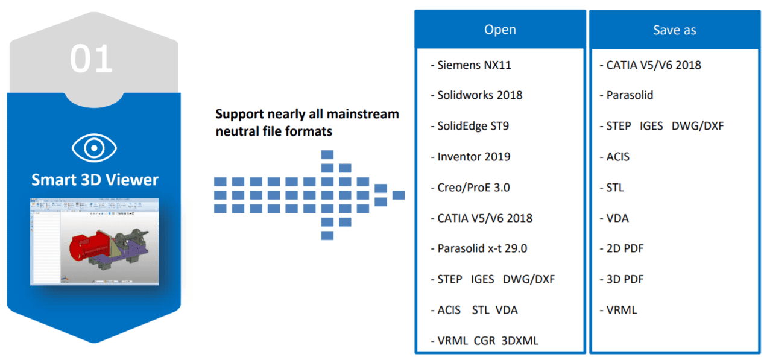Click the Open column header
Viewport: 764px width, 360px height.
click(500, 30)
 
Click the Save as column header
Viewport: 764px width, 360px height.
click(674, 30)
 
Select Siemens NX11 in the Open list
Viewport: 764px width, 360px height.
click(471, 65)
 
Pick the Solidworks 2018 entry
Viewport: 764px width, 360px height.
click(476, 95)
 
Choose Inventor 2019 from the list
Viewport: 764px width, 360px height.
click(470, 157)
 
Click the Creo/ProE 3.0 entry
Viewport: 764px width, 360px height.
click(470, 188)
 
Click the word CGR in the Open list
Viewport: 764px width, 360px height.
click(484, 341)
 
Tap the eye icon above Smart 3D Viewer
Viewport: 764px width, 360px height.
click(94, 148)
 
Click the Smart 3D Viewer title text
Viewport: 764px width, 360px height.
click(95, 180)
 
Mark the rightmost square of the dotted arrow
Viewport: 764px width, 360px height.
click(398, 195)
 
